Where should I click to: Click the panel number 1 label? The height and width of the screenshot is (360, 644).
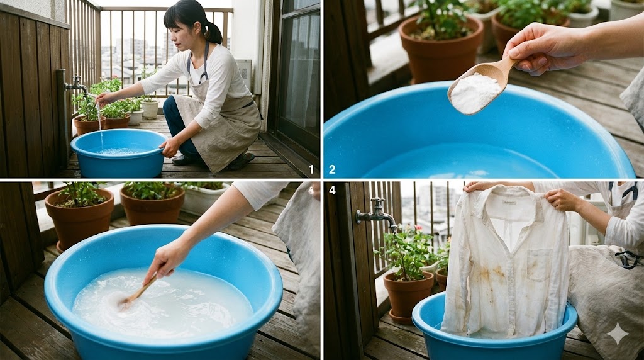coord(311,169)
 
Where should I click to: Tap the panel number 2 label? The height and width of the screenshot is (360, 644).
coord(332,169)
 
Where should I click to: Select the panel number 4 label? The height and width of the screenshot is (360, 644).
coord(332,188)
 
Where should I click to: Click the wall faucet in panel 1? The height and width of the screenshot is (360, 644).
coord(76,84)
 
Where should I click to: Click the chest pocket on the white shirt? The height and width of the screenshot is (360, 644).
coord(538,264)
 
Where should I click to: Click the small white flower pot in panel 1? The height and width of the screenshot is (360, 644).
coord(150,108)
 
